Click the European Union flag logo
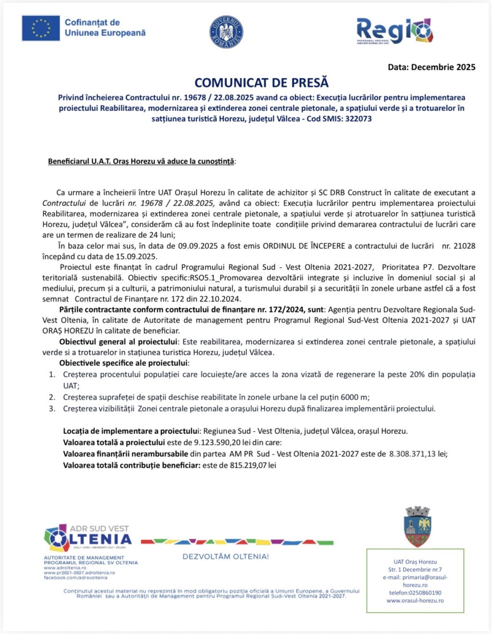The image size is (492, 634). click(40, 28)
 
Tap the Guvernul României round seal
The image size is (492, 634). click(226, 32)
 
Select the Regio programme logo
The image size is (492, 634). click(394, 32)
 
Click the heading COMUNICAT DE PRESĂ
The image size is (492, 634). click(261, 83)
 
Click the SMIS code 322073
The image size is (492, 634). click(355, 119)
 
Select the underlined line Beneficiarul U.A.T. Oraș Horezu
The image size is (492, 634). click(141, 161)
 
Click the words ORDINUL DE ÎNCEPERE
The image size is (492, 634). click(304, 246)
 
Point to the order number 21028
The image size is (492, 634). click(465, 246)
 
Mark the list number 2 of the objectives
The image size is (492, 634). click(52, 397)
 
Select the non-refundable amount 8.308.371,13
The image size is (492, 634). click(412, 454)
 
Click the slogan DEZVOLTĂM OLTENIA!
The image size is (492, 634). click(225, 557)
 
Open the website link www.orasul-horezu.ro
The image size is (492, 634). click(415, 600)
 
